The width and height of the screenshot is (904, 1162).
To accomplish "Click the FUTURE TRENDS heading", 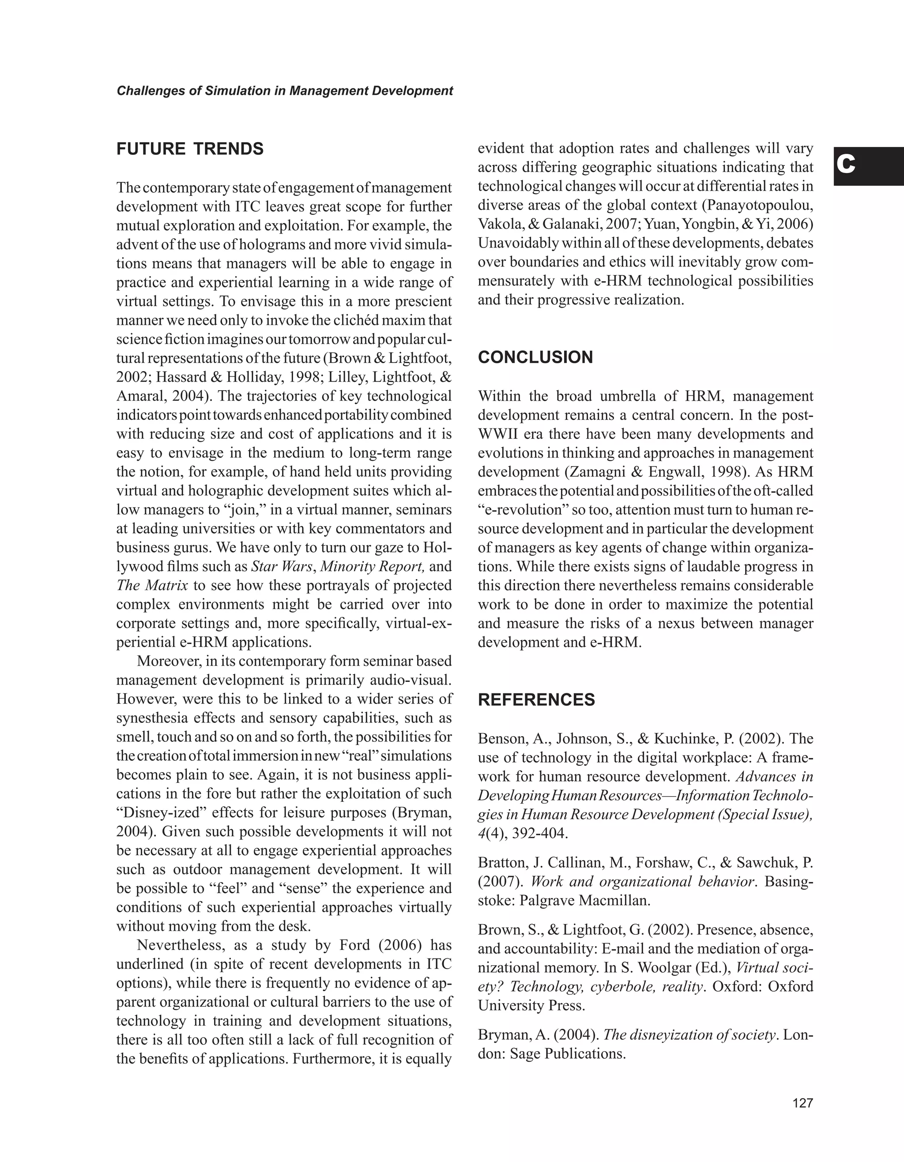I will point(190,149).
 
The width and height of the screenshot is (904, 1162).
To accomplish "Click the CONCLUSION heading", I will point(535,357).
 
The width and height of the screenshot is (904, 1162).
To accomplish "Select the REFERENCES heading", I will point(536,699).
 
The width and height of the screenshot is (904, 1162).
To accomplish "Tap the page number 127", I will point(802,1103).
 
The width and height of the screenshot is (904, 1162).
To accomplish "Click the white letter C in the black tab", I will point(846,165).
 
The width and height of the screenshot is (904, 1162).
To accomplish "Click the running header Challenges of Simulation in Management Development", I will point(285,91).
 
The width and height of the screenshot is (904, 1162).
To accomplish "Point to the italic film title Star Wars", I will point(281,567).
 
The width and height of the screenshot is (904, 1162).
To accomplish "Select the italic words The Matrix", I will point(152,586).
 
